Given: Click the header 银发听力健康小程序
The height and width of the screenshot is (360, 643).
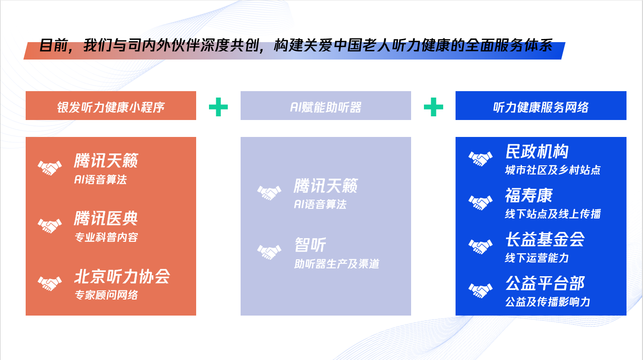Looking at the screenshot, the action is coord(111,107).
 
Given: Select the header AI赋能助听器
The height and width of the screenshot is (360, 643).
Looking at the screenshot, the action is coord(325,107).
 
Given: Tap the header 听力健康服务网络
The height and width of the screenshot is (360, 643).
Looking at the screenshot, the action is coord(541,107).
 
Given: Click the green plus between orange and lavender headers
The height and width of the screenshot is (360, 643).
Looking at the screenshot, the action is coord(218,107).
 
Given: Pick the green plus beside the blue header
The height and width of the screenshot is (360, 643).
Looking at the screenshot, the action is coord(434,107).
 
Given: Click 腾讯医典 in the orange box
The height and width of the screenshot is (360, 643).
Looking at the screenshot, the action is coord(106,218).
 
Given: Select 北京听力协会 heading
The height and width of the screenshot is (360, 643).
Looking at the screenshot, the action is coord(122,276).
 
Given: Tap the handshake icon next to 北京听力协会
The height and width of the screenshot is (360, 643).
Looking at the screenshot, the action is coord(49,283).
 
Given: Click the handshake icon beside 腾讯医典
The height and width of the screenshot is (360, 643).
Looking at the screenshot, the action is coord(49,225).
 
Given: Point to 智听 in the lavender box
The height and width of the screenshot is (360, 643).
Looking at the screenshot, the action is coord(310,245).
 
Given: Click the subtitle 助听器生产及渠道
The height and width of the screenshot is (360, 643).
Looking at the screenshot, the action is coord(337,264).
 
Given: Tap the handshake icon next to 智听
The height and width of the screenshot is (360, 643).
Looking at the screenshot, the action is coord(269,252).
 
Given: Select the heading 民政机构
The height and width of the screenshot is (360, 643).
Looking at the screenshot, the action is coord(537,151).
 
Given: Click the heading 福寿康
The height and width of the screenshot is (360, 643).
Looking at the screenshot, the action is coord(529,196).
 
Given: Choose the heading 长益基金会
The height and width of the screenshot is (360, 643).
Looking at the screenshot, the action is coord(545,239).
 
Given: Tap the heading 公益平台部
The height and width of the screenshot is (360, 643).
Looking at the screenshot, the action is coord(545,283).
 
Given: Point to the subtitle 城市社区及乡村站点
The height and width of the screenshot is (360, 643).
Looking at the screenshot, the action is coord(553,170).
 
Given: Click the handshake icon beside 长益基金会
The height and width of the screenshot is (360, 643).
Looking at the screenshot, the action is coord(480,246).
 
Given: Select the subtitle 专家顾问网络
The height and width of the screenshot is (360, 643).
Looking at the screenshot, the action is coord(106,295).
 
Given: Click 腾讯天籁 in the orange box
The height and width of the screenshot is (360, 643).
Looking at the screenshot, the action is coord(106,160).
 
